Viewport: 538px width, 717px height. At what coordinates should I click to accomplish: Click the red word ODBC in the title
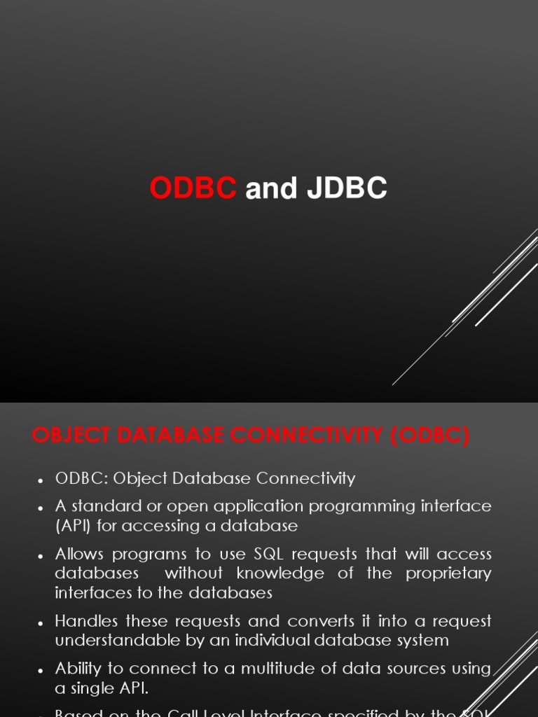tap(193, 188)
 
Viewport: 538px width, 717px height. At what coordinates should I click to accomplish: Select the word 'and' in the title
tap(271, 188)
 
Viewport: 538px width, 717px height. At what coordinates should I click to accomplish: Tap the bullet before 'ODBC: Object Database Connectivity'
tap(40, 480)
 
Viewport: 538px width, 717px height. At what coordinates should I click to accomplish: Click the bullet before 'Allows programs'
tap(40, 556)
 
